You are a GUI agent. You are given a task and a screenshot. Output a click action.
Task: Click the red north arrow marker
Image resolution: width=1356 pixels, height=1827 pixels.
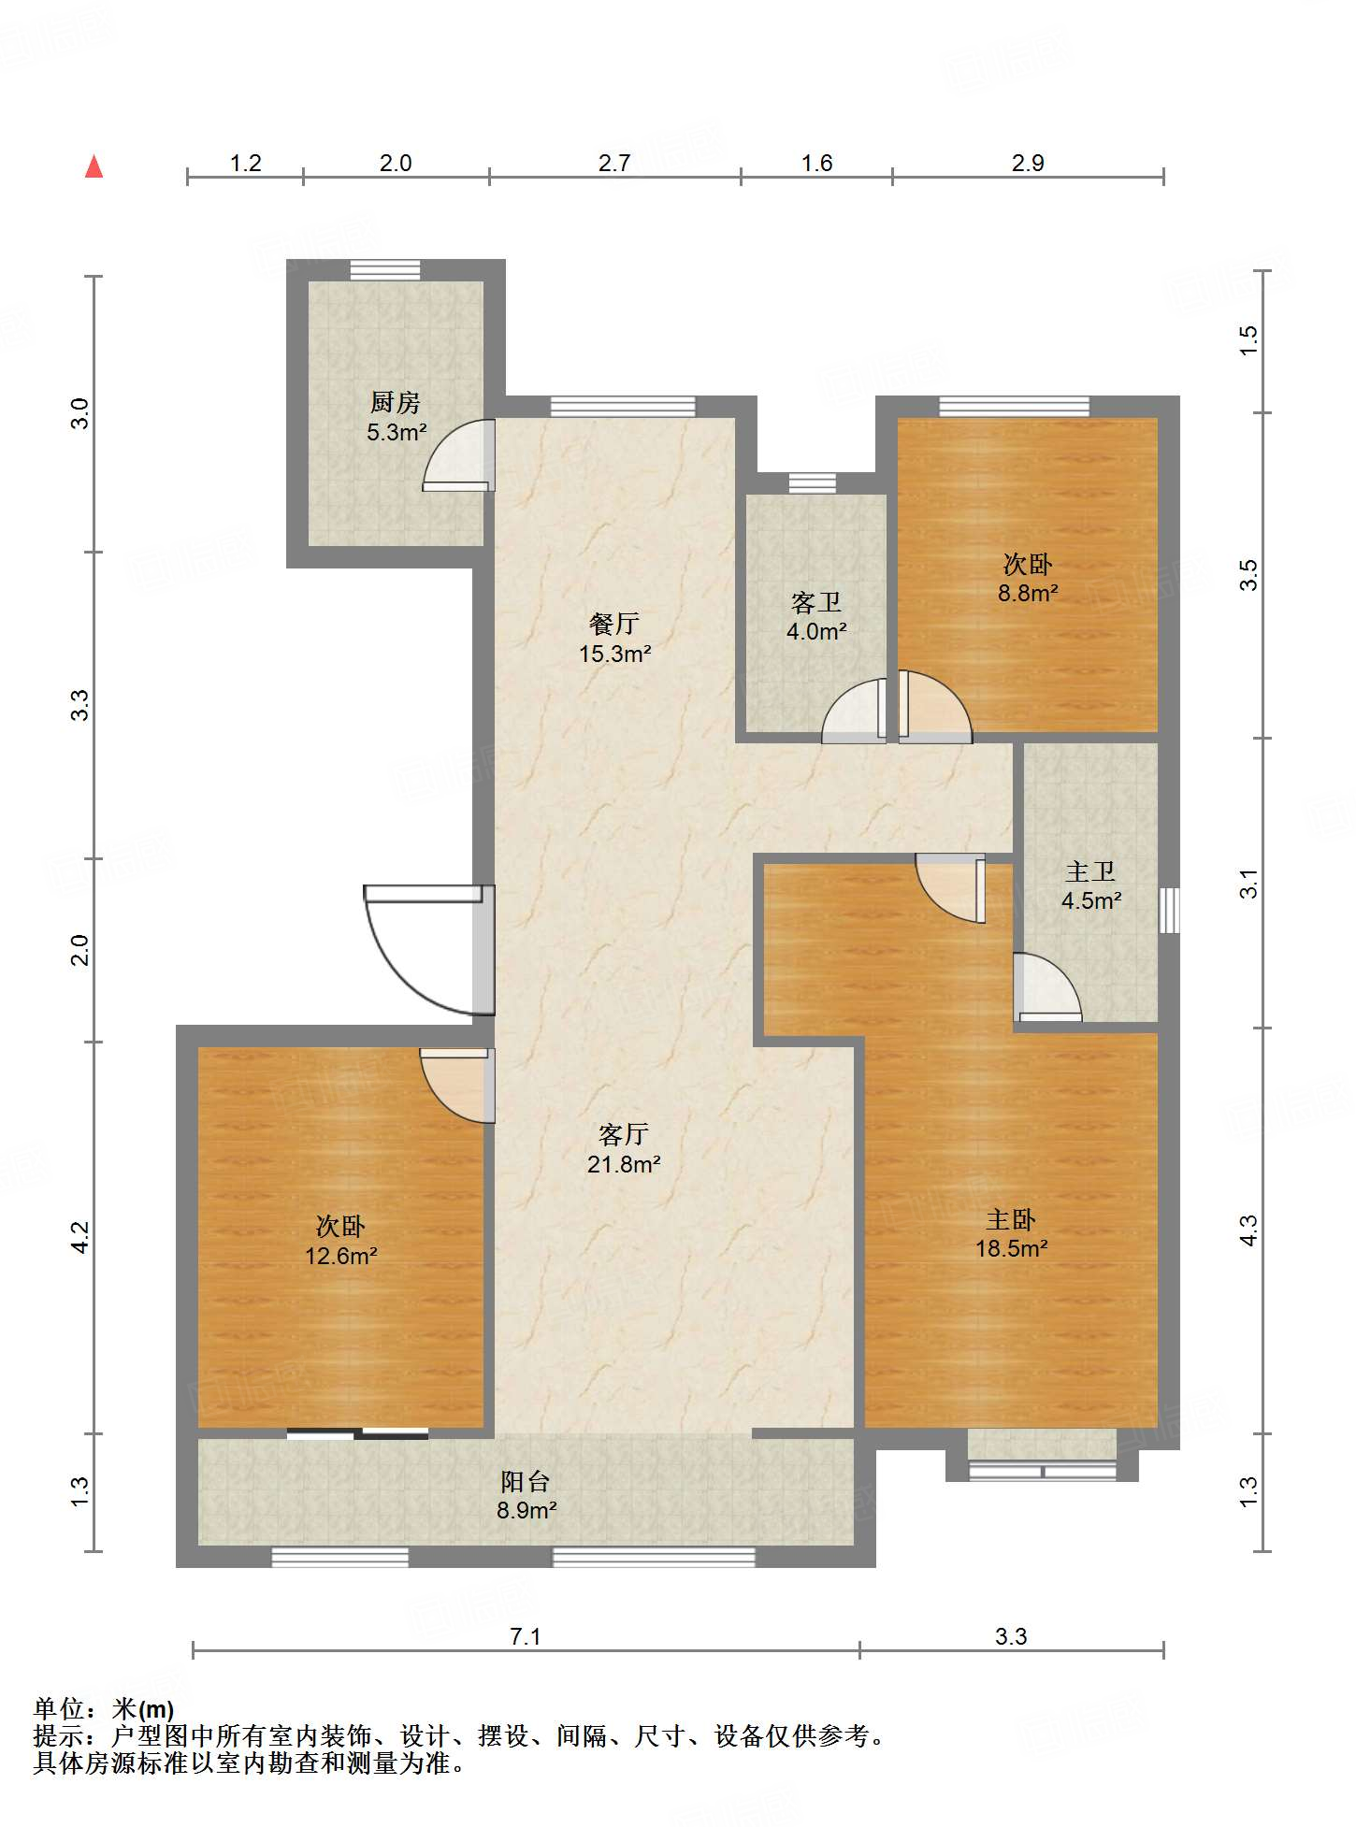coord(94,166)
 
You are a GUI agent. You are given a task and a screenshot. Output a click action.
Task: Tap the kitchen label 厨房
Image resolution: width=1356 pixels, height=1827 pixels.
coord(396,403)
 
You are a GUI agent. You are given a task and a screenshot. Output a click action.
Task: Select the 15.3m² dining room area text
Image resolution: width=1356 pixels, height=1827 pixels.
coord(614,654)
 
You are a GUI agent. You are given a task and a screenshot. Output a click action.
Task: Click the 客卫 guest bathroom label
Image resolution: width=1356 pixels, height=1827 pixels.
coord(816,602)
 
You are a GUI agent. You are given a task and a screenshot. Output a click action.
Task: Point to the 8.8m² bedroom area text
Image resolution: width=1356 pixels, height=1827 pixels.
coord(1028,593)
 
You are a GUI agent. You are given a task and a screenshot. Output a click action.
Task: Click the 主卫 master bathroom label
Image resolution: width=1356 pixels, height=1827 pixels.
coord(1090,871)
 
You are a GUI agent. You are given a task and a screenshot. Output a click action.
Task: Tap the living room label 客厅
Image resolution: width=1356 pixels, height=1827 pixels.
coord(624,1134)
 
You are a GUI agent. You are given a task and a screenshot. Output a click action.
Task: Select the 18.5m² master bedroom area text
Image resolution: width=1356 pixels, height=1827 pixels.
coord(1011,1248)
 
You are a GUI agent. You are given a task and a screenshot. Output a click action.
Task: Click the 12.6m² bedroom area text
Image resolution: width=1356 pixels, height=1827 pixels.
coord(340,1256)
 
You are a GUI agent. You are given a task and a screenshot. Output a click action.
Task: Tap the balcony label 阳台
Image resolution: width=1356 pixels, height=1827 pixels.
coord(526,1481)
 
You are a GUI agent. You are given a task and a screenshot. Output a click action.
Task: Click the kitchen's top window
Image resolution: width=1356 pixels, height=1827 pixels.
coord(385,270)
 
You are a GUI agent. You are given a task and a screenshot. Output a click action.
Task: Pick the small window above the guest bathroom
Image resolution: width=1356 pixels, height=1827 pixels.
coord(812,483)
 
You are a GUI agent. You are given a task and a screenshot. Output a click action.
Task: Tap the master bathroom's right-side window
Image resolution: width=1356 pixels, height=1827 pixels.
coord(1169,910)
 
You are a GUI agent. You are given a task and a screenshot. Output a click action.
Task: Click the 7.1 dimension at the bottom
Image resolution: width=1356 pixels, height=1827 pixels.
coord(526,1636)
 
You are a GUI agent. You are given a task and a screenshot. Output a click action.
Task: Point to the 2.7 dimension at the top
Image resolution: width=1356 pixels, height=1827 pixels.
coord(614,163)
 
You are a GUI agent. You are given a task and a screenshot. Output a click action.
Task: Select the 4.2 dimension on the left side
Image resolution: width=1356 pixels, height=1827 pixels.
coord(80,1237)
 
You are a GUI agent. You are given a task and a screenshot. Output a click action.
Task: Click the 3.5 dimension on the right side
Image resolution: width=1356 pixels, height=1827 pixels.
coord(1249,575)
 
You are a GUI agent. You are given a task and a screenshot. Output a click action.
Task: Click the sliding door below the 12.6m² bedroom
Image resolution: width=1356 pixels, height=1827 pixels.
coord(357,1433)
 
